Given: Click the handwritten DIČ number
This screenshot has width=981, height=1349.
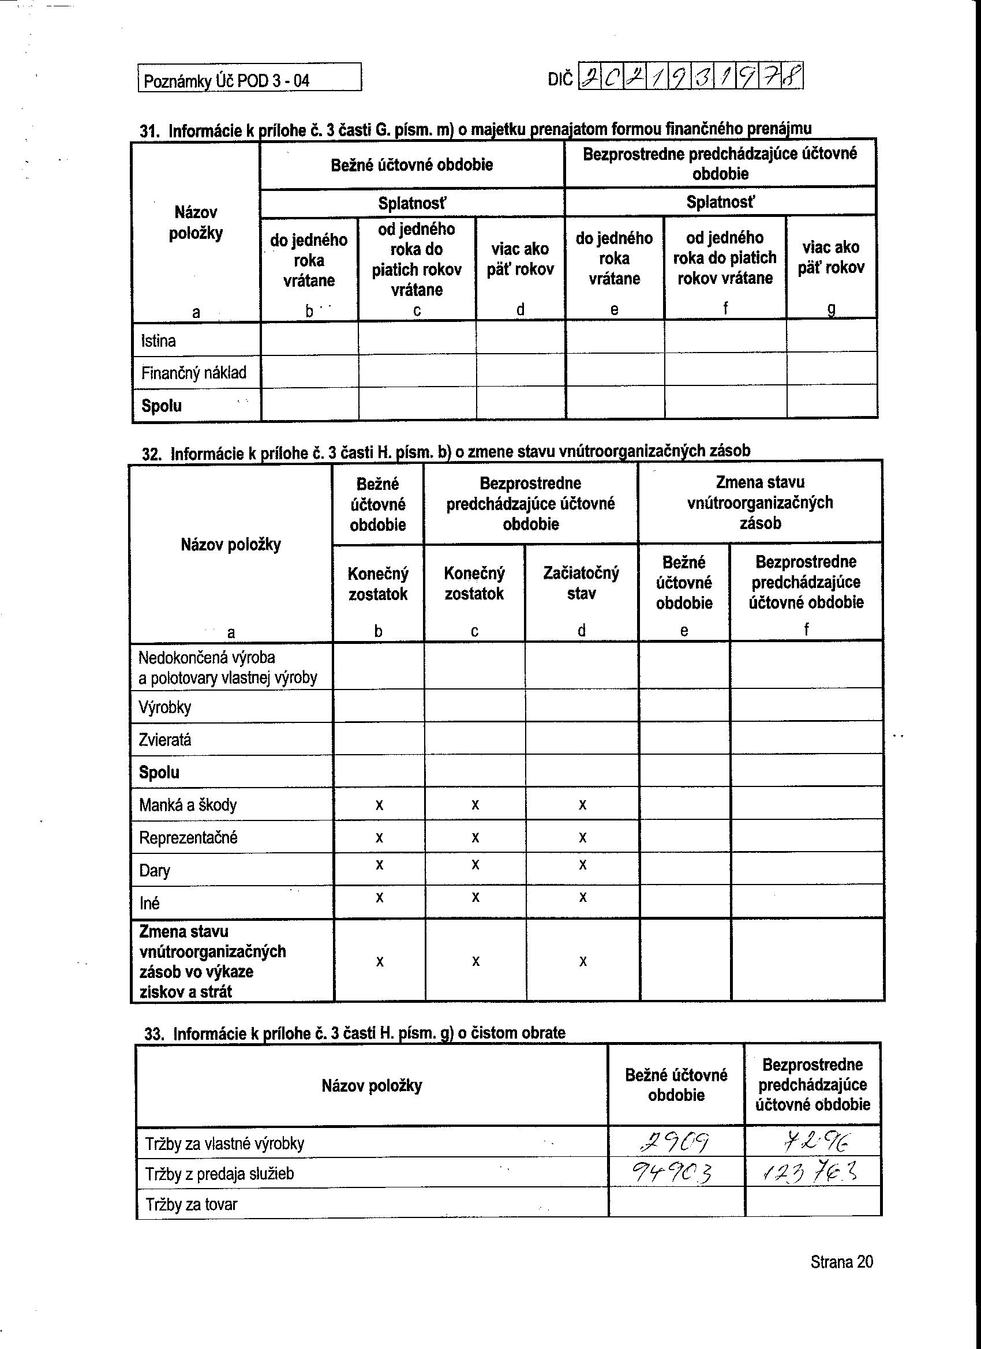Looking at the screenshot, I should coord(690,77).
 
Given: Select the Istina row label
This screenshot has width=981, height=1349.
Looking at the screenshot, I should coord(158,341).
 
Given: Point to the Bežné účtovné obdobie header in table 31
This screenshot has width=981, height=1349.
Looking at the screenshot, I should coord(411,165).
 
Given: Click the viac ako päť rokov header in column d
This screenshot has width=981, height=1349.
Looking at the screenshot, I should coord(520,259).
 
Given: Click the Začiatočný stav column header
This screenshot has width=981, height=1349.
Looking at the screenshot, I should coord(581,583).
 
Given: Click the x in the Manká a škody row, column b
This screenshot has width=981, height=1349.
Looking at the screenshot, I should coord(379,805).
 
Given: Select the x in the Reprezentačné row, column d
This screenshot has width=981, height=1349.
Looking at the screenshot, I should coord(582,837).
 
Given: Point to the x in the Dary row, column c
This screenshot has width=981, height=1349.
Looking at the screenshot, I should coord(475,864).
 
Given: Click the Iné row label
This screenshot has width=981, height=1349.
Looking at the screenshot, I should coord(149,904).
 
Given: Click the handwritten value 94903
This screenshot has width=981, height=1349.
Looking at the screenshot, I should coord(673,1174).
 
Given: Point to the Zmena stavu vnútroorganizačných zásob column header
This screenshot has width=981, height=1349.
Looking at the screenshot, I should coord(759,503).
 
